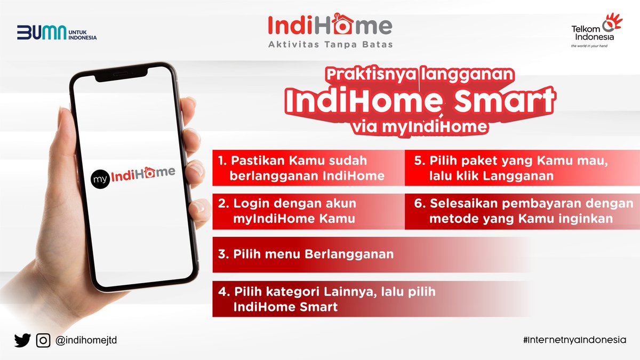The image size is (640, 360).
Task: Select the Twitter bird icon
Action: click(22, 340)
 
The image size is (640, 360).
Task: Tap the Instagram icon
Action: click(43, 340)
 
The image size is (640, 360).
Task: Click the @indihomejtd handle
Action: click(86, 340)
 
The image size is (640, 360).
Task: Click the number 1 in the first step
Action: click(221, 161)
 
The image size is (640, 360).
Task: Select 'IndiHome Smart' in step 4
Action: click(285, 307)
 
